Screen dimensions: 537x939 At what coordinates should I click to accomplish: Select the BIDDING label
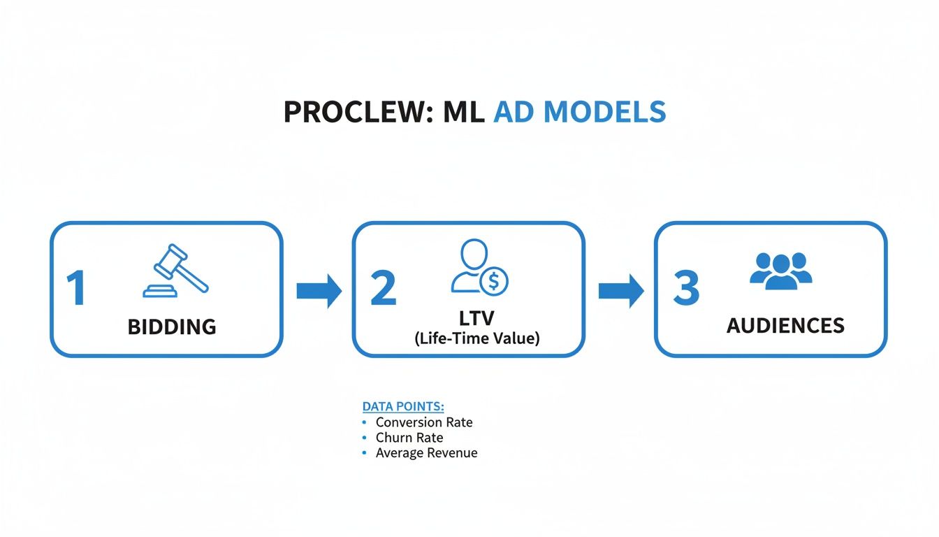(172, 327)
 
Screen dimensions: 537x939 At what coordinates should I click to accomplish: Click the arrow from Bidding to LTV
(319, 290)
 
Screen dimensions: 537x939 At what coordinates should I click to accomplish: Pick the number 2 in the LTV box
(383, 289)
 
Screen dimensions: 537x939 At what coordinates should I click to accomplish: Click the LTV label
(476, 318)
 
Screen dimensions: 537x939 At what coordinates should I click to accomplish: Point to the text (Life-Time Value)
(476, 338)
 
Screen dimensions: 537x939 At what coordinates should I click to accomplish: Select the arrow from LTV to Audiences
(620, 290)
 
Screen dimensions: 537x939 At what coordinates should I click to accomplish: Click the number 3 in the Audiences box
(685, 289)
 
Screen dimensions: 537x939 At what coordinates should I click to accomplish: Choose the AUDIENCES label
(785, 326)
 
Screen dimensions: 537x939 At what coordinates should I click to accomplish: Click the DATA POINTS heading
(403, 406)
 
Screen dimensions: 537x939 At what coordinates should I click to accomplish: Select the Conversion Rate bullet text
(423, 422)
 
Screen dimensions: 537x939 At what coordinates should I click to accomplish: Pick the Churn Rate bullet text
(409, 438)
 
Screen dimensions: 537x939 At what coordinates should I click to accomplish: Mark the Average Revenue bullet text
(426, 453)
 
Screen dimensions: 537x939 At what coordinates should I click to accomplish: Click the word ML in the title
(463, 113)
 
